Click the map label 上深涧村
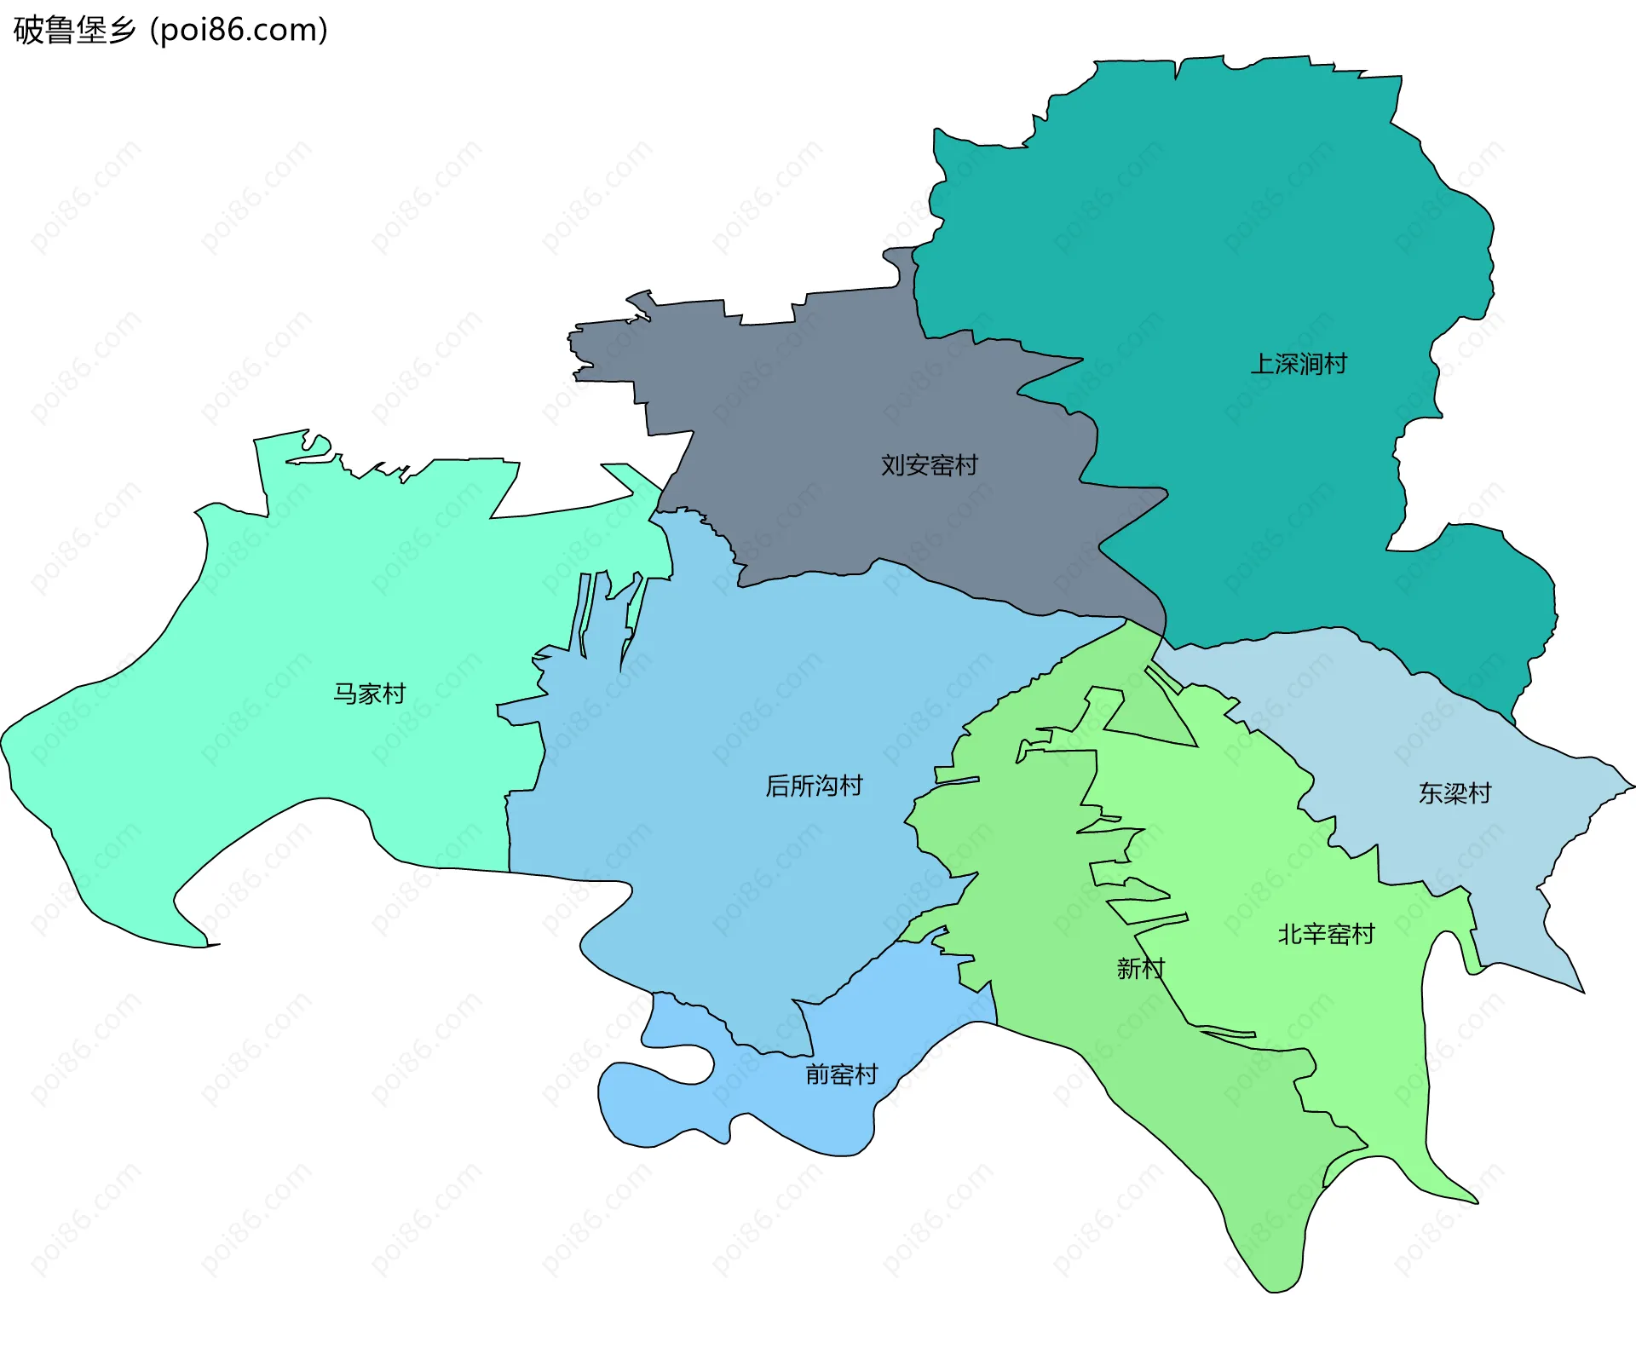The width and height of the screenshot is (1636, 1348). [1299, 364]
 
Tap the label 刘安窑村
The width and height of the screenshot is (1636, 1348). [929, 465]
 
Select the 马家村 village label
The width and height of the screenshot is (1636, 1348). [369, 694]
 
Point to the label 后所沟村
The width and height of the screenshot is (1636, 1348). [814, 785]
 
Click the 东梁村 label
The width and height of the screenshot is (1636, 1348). [1455, 793]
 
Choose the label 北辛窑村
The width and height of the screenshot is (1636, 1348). [1326, 934]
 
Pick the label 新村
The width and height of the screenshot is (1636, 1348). [1140, 968]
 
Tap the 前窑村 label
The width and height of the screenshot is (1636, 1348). [841, 1074]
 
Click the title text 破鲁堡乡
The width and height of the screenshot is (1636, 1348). [75, 31]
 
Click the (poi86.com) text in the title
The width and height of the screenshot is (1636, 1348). [239, 31]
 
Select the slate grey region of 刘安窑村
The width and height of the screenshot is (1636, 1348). [809, 383]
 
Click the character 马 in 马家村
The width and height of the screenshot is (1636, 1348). [344, 694]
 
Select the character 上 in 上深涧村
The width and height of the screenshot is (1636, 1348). [1262, 364]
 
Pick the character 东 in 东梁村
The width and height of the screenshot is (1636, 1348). [1431, 793]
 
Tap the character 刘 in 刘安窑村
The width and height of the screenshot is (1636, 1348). [892, 465]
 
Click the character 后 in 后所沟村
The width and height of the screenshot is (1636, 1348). [777, 785]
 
